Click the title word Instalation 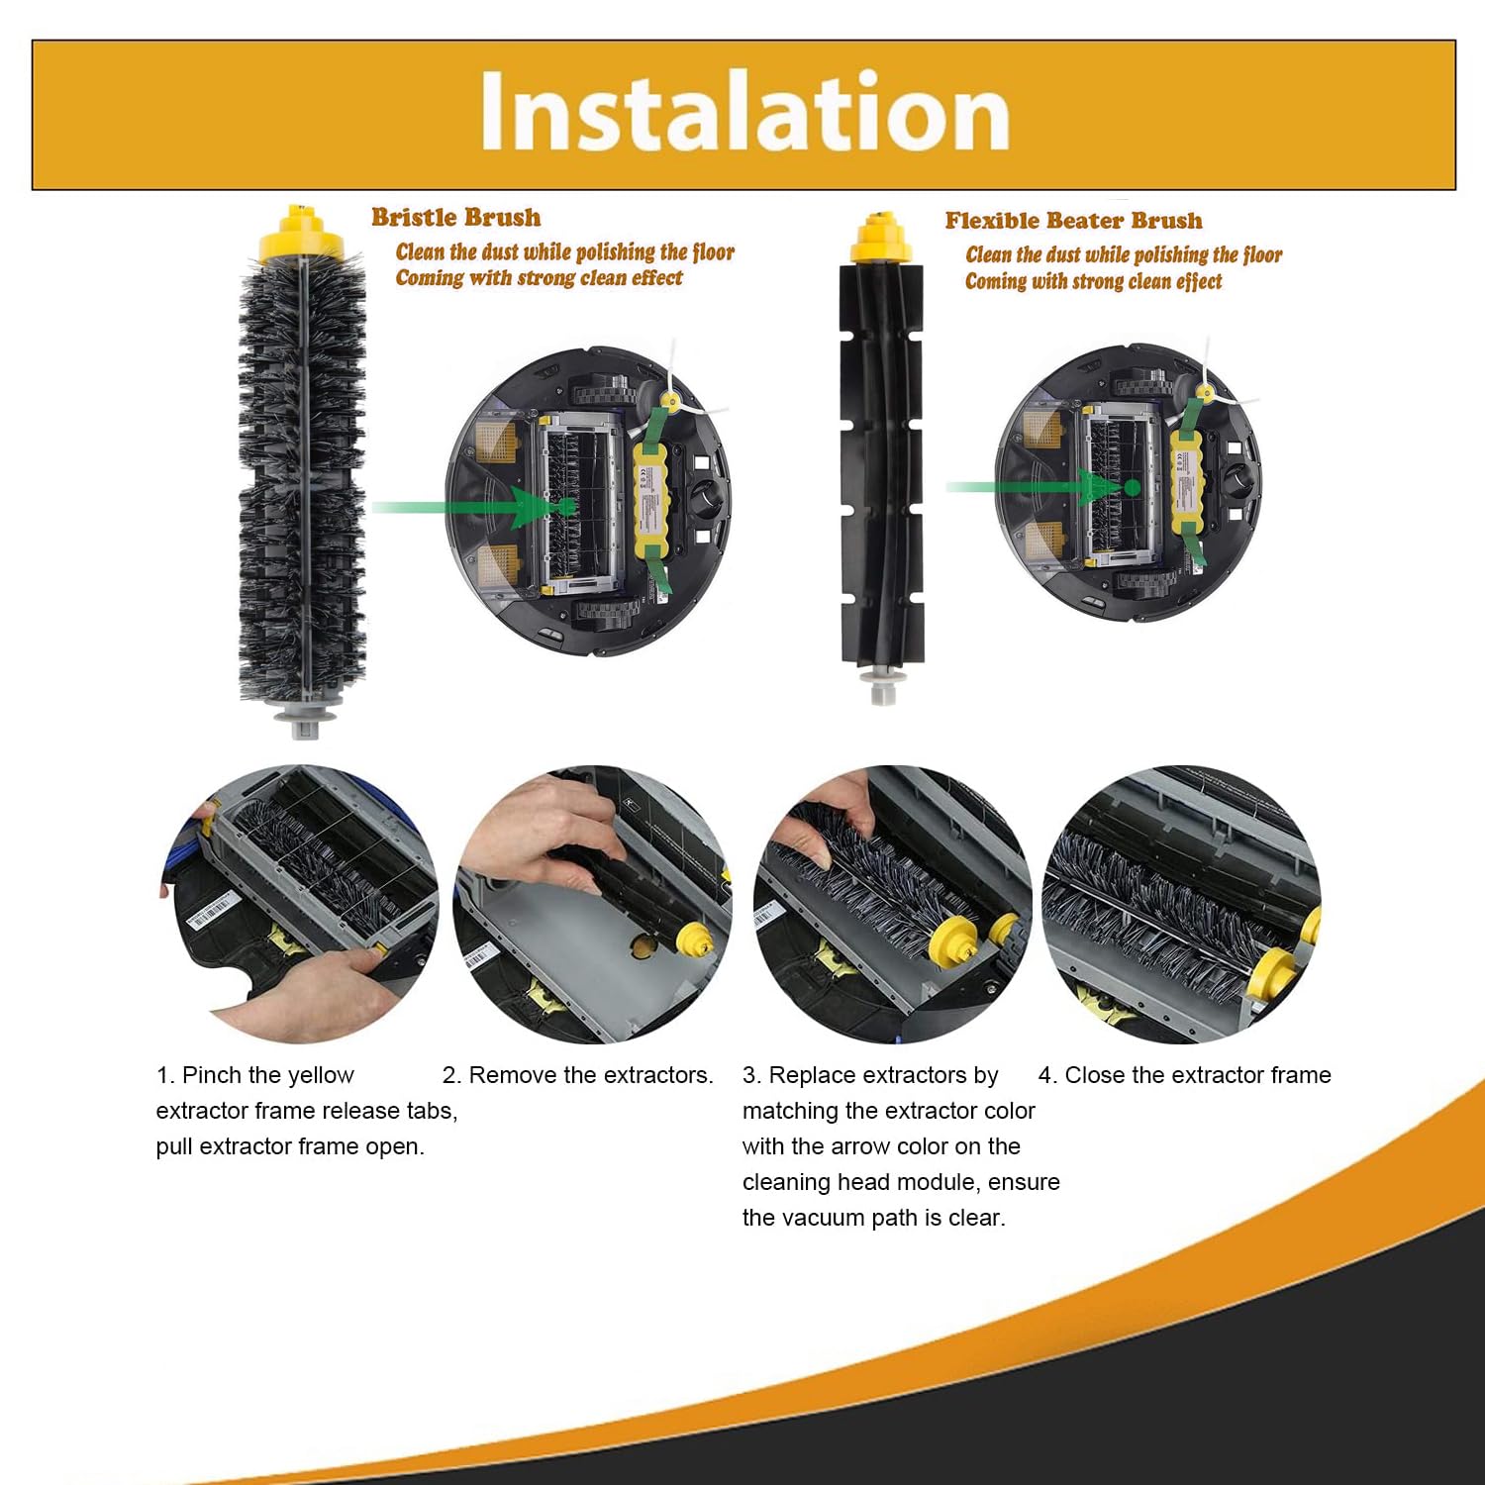[744, 111]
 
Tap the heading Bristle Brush [456, 218]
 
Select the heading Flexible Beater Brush [1074, 221]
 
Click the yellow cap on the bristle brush [295, 233]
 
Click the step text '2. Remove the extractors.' [578, 1075]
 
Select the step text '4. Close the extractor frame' [1185, 1075]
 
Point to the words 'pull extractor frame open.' [290, 1146]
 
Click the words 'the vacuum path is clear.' [874, 1218]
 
